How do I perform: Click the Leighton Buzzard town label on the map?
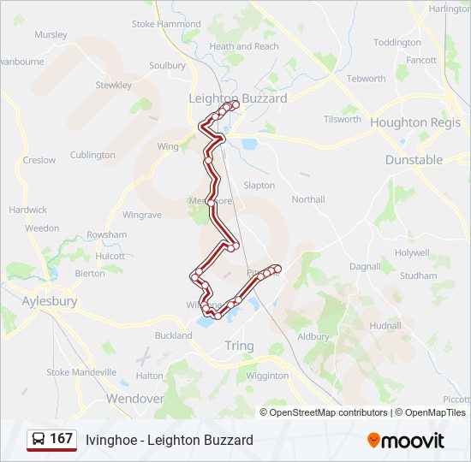[237, 98]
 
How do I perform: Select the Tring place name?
[239, 345]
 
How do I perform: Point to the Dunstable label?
[414, 159]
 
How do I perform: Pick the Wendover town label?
[134, 399]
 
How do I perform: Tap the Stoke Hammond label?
[166, 25]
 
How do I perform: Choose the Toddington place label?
[397, 43]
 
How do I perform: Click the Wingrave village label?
[142, 215]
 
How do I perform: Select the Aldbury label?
[313, 337]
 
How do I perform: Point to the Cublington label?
[92, 155]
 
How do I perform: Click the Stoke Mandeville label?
[81, 372]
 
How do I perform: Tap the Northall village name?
[308, 199]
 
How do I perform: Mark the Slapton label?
[259, 185]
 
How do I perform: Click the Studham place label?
[419, 275]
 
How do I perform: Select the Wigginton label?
[266, 376]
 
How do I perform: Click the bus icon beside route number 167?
[39, 440]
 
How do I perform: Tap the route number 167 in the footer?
[61, 439]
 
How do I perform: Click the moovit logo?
[406, 441]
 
